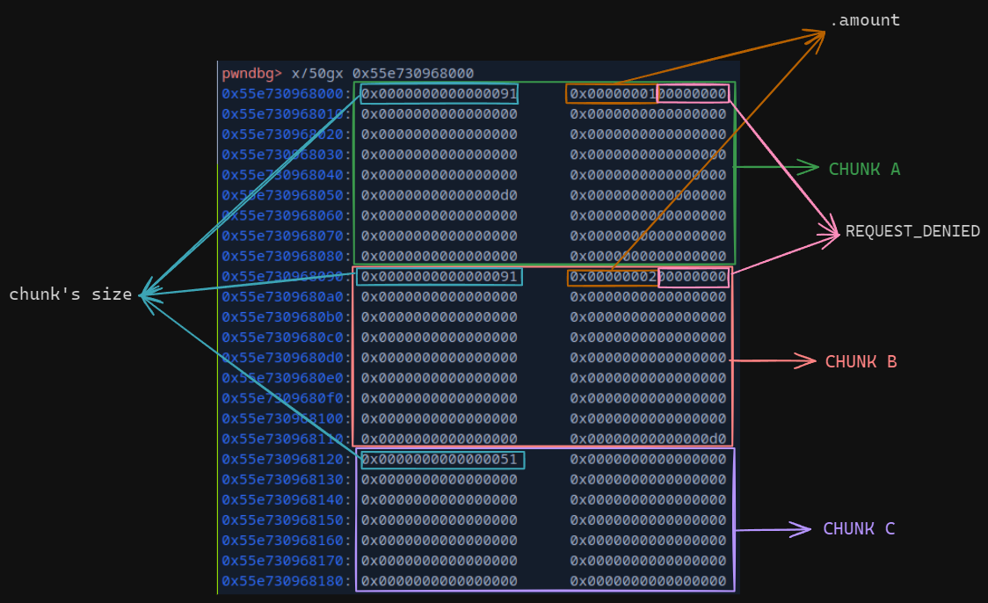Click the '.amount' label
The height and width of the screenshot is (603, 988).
[x=865, y=20]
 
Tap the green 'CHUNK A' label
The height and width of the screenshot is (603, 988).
[x=864, y=169]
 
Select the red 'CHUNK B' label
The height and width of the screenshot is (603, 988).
[x=861, y=361]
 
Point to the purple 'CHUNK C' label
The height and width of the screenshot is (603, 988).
[x=859, y=528]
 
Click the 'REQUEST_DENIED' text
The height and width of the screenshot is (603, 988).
[x=912, y=231]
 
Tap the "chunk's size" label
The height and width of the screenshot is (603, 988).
[x=70, y=294]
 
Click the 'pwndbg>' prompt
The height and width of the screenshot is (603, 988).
[x=252, y=73]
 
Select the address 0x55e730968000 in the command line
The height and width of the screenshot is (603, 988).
[x=413, y=73]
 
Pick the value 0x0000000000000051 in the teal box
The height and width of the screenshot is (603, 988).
[x=440, y=459]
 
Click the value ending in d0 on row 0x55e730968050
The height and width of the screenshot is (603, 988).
[x=440, y=195]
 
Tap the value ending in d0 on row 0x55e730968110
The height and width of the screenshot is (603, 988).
[x=649, y=439]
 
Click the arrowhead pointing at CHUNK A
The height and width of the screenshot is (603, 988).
[x=812, y=166]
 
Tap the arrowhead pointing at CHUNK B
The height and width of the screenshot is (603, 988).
[x=810, y=360]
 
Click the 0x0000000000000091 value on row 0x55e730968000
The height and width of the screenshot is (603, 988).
[x=440, y=93]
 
